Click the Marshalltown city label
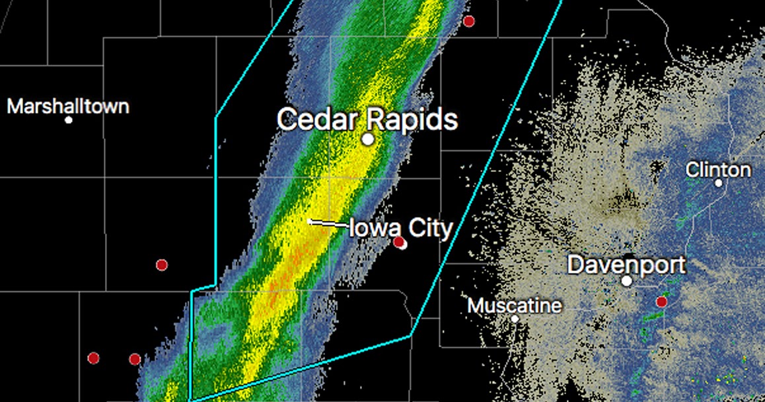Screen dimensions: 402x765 [x=68, y=106]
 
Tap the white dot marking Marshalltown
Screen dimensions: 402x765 [x=69, y=120]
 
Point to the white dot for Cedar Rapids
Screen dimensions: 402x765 [x=368, y=140]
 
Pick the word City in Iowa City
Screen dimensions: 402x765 [x=429, y=228]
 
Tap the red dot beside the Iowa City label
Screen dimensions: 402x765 [x=399, y=243]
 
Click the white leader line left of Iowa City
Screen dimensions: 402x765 [x=328, y=223]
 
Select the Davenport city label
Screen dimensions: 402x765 [x=626, y=265]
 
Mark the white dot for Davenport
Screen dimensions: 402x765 [x=627, y=281]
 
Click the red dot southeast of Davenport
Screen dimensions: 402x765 [x=661, y=301]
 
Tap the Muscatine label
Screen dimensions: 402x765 [x=515, y=306]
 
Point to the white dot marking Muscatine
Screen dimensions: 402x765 [x=515, y=319]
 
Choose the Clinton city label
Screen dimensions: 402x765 [x=718, y=170]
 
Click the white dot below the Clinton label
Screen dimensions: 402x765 [x=719, y=183]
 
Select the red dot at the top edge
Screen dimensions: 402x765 [x=468, y=21]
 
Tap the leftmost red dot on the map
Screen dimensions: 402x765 [x=93, y=358]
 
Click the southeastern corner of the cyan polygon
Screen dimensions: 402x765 [x=411, y=336]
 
